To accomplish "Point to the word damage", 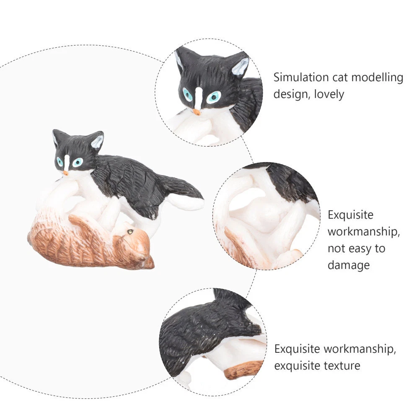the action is click(349, 265).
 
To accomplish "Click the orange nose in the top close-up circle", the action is click(197, 112).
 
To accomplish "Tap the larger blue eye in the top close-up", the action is click(214, 97).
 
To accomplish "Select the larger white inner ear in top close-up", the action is click(240, 67).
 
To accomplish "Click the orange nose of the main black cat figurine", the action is click(66, 173).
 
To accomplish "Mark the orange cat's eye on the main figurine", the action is click(130, 232).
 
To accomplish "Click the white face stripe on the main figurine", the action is click(67, 163).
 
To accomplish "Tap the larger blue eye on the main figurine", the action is click(78, 162).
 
